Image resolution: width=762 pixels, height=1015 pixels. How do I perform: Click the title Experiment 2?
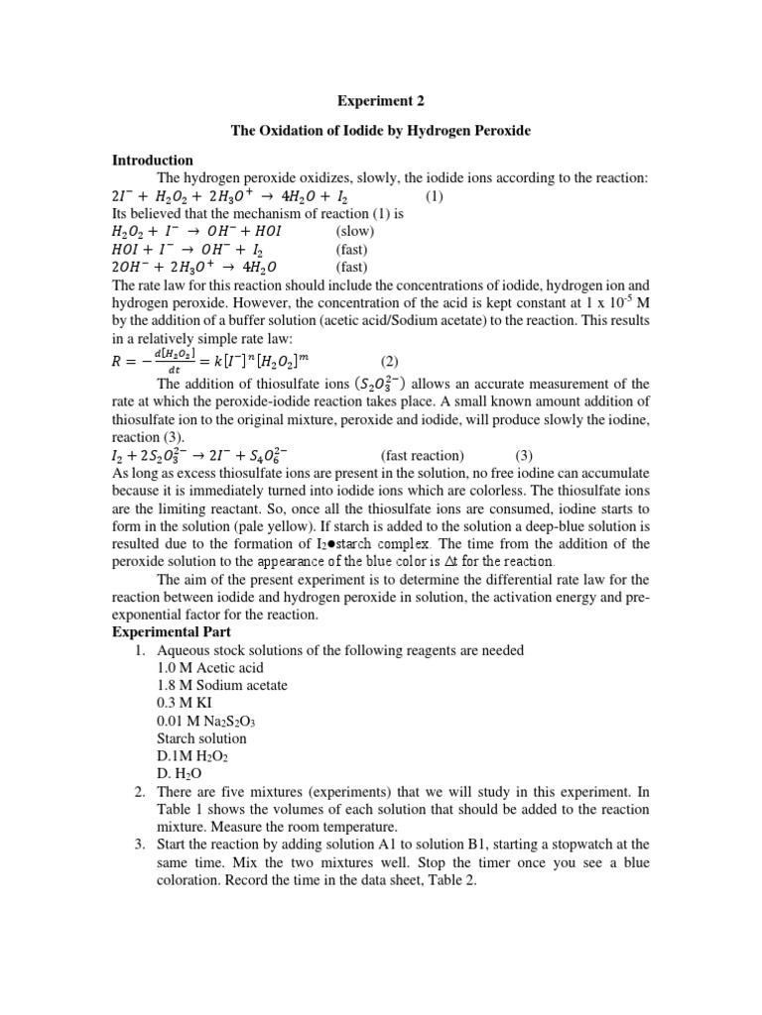[x=380, y=100]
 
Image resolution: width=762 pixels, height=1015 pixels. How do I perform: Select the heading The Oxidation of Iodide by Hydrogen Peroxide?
[x=380, y=131]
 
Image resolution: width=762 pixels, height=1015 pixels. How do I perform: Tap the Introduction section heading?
[x=152, y=160]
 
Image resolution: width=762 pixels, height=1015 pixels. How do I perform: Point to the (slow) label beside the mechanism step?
[x=354, y=231]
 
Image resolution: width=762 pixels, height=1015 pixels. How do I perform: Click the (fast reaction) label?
[x=421, y=455]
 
